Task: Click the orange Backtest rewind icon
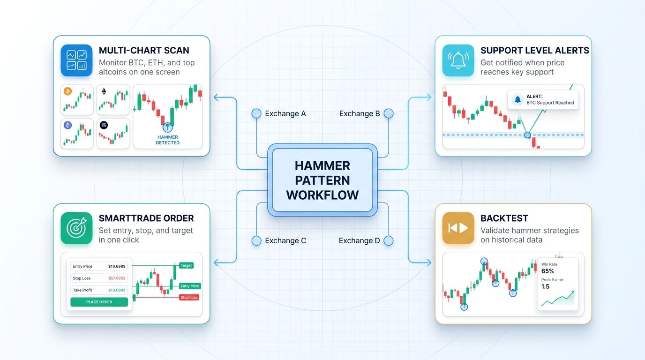458,228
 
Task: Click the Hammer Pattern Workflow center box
322,180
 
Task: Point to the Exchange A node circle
256,113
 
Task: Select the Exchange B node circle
388,113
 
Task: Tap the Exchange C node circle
256,240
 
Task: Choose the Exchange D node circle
388,240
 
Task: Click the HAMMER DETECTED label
167,140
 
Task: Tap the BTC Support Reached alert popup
543,99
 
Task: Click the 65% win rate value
547,271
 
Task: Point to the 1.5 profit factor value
546,286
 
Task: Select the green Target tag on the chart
186,265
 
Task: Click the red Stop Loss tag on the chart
189,297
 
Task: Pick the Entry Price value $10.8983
117,266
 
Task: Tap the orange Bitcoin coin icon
67,91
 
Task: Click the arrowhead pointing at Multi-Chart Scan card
216,97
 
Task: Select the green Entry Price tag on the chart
189,286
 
